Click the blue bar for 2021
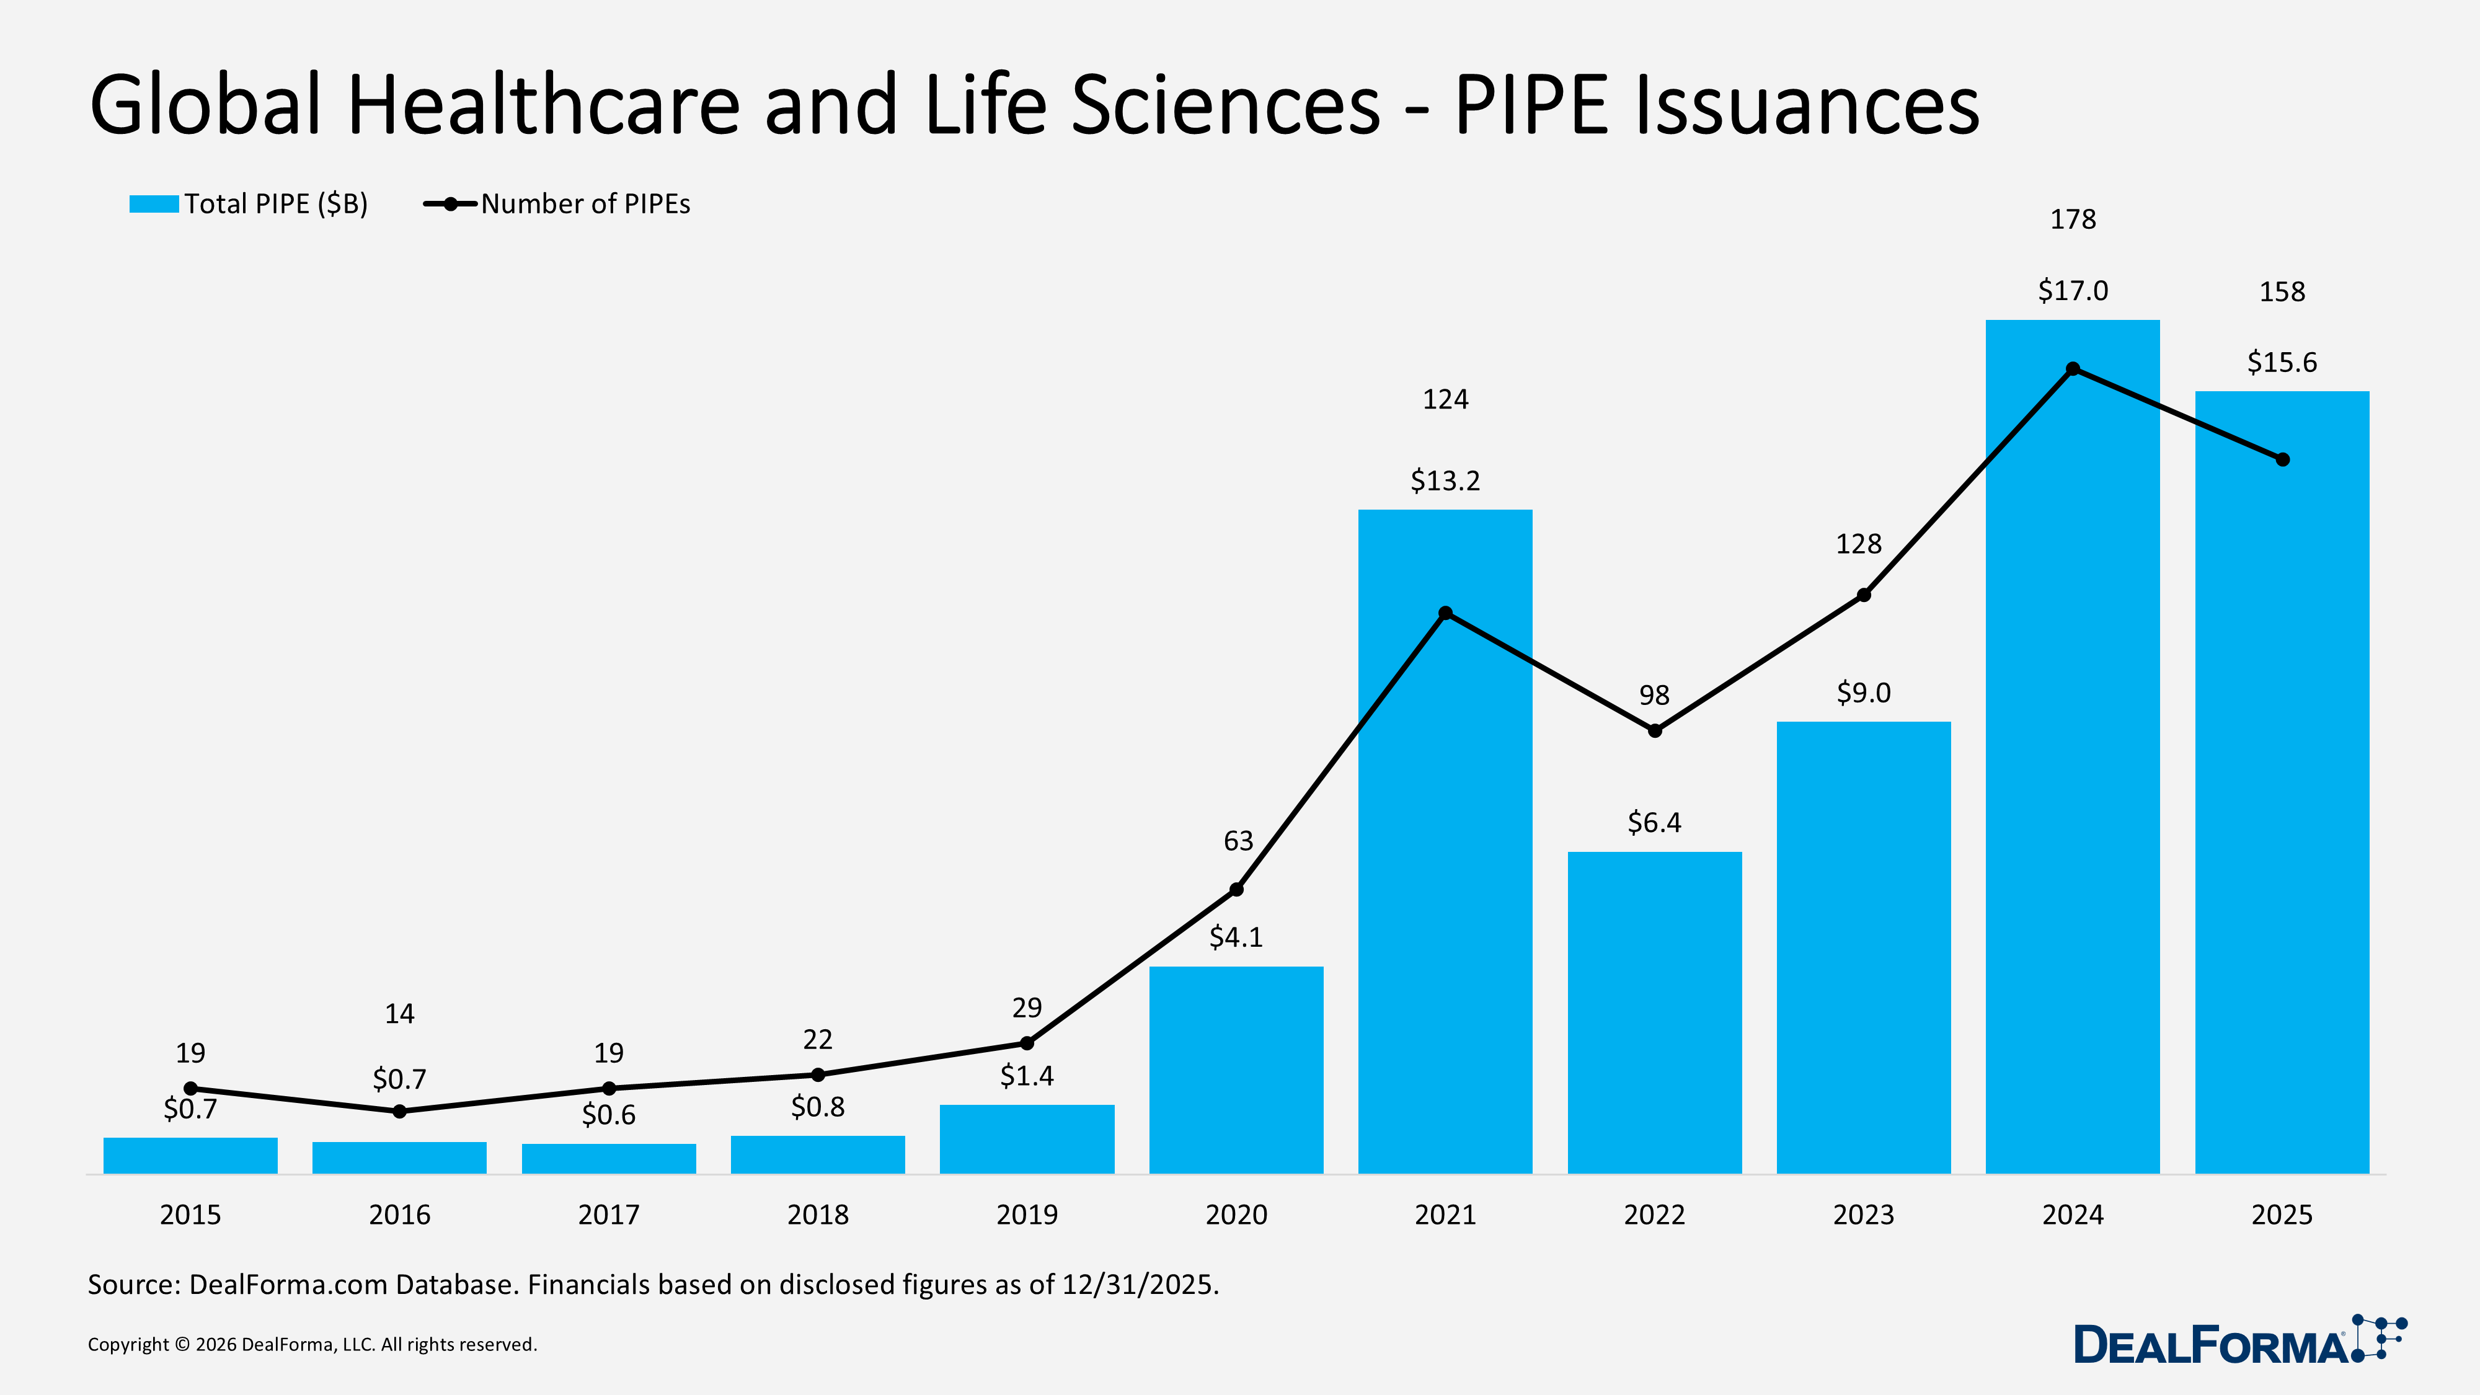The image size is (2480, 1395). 1445,867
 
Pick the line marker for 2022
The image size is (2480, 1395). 1654,731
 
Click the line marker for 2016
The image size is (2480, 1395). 399,1111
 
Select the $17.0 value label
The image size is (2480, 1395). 2072,291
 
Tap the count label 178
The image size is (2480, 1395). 2072,219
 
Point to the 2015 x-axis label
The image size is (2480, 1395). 190,1215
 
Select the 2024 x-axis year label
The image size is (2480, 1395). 2072,1215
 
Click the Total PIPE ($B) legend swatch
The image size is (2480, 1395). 154,204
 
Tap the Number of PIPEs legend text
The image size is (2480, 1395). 585,204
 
